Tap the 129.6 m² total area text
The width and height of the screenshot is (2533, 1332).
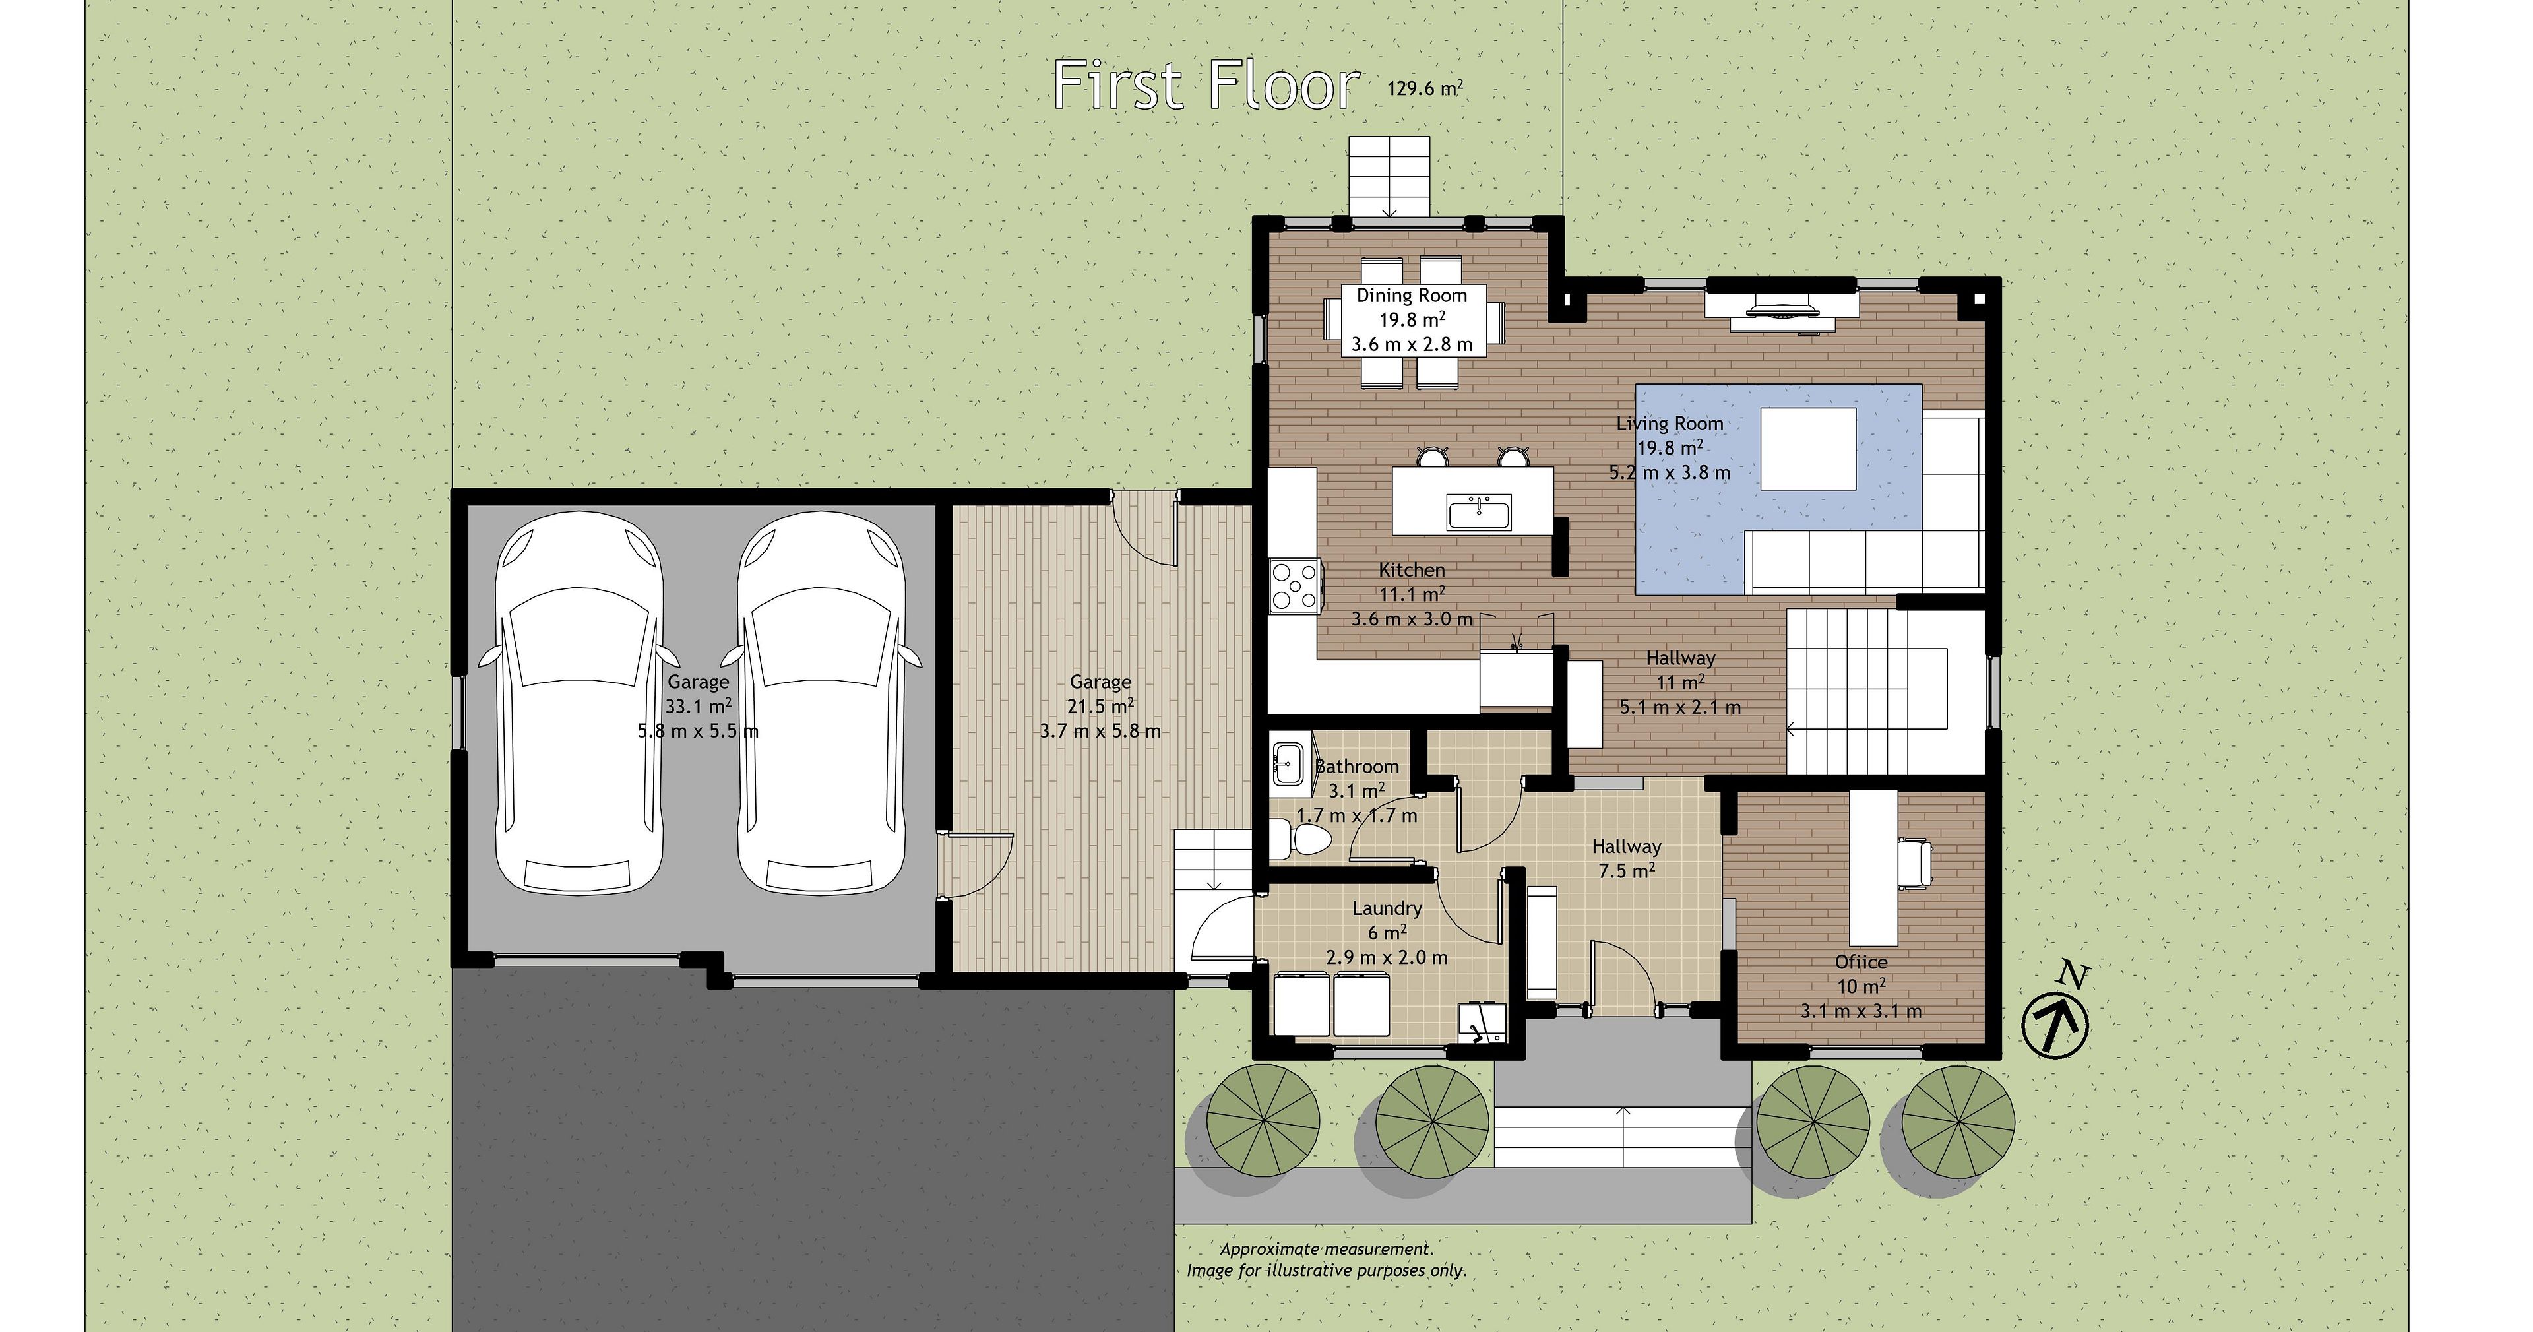(x=1425, y=88)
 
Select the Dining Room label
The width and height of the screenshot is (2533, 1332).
(x=1412, y=295)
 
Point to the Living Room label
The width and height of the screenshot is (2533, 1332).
(x=1670, y=423)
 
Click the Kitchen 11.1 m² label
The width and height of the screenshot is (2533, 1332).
(x=1412, y=594)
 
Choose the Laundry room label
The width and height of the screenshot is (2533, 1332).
(x=1387, y=908)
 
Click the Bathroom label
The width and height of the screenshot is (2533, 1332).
(x=1357, y=767)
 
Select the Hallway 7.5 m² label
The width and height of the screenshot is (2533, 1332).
(x=1627, y=858)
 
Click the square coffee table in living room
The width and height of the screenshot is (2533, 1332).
(x=1807, y=449)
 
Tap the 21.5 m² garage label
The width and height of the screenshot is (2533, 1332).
(x=1100, y=707)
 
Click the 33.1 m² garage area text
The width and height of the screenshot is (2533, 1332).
(x=698, y=707)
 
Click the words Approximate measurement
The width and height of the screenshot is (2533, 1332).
(x=1327, y=1250)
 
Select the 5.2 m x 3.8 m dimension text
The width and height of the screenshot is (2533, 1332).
(x=1670, y=472)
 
